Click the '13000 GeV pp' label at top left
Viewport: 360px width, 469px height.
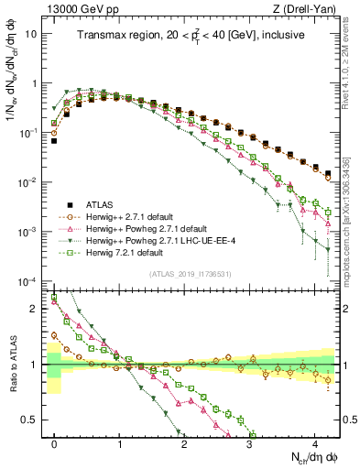[76, 8]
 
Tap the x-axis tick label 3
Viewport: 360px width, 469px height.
[250, 444]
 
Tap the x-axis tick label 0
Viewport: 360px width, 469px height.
[55, 444]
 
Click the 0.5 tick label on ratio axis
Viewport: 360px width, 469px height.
[33, 420]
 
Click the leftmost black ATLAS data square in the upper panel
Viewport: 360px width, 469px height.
[55, 141]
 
